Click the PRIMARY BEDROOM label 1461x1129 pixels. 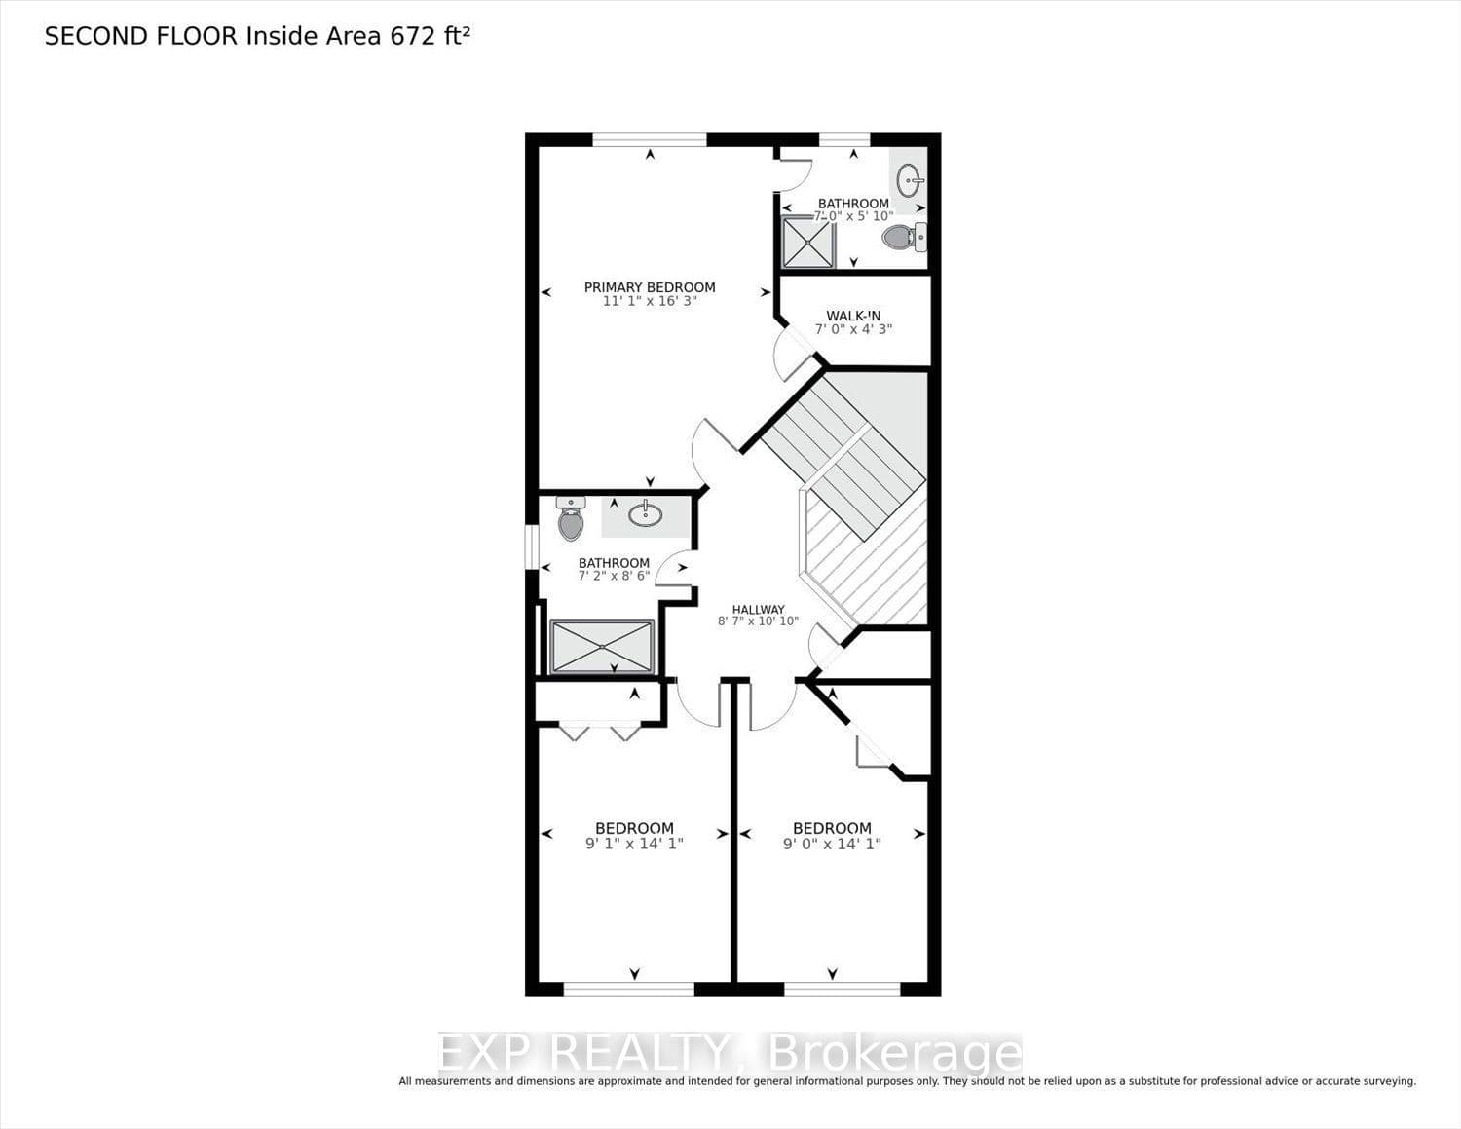tap(650, 287)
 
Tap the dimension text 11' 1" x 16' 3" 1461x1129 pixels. tap(650, 301)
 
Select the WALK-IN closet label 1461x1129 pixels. tap(853, 316)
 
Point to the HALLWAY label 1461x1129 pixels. tap(759, 609)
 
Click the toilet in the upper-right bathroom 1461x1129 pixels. tap(904, 237)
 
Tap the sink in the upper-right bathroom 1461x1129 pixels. tap(909, 180)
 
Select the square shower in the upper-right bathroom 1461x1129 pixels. tap(808, 243)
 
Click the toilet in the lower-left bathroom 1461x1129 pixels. tap(571, 518)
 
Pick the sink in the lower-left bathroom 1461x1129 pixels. tap(646, 514)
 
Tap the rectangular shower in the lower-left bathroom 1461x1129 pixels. tap(602, 646)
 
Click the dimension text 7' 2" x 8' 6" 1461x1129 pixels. tap(614, 577)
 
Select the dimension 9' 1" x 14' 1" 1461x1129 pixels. tap(635, 844)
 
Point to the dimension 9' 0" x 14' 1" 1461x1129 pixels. tap(833, 844)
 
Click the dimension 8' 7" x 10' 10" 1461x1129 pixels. tap(759, 621)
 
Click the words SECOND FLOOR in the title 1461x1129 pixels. tap(141, 36)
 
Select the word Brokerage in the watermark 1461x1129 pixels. tap(895, 1055)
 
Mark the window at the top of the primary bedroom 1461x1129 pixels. tap(650, 140)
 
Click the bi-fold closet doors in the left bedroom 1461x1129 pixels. tap(600, 731)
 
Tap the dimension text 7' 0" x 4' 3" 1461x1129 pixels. tap(853, 329)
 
